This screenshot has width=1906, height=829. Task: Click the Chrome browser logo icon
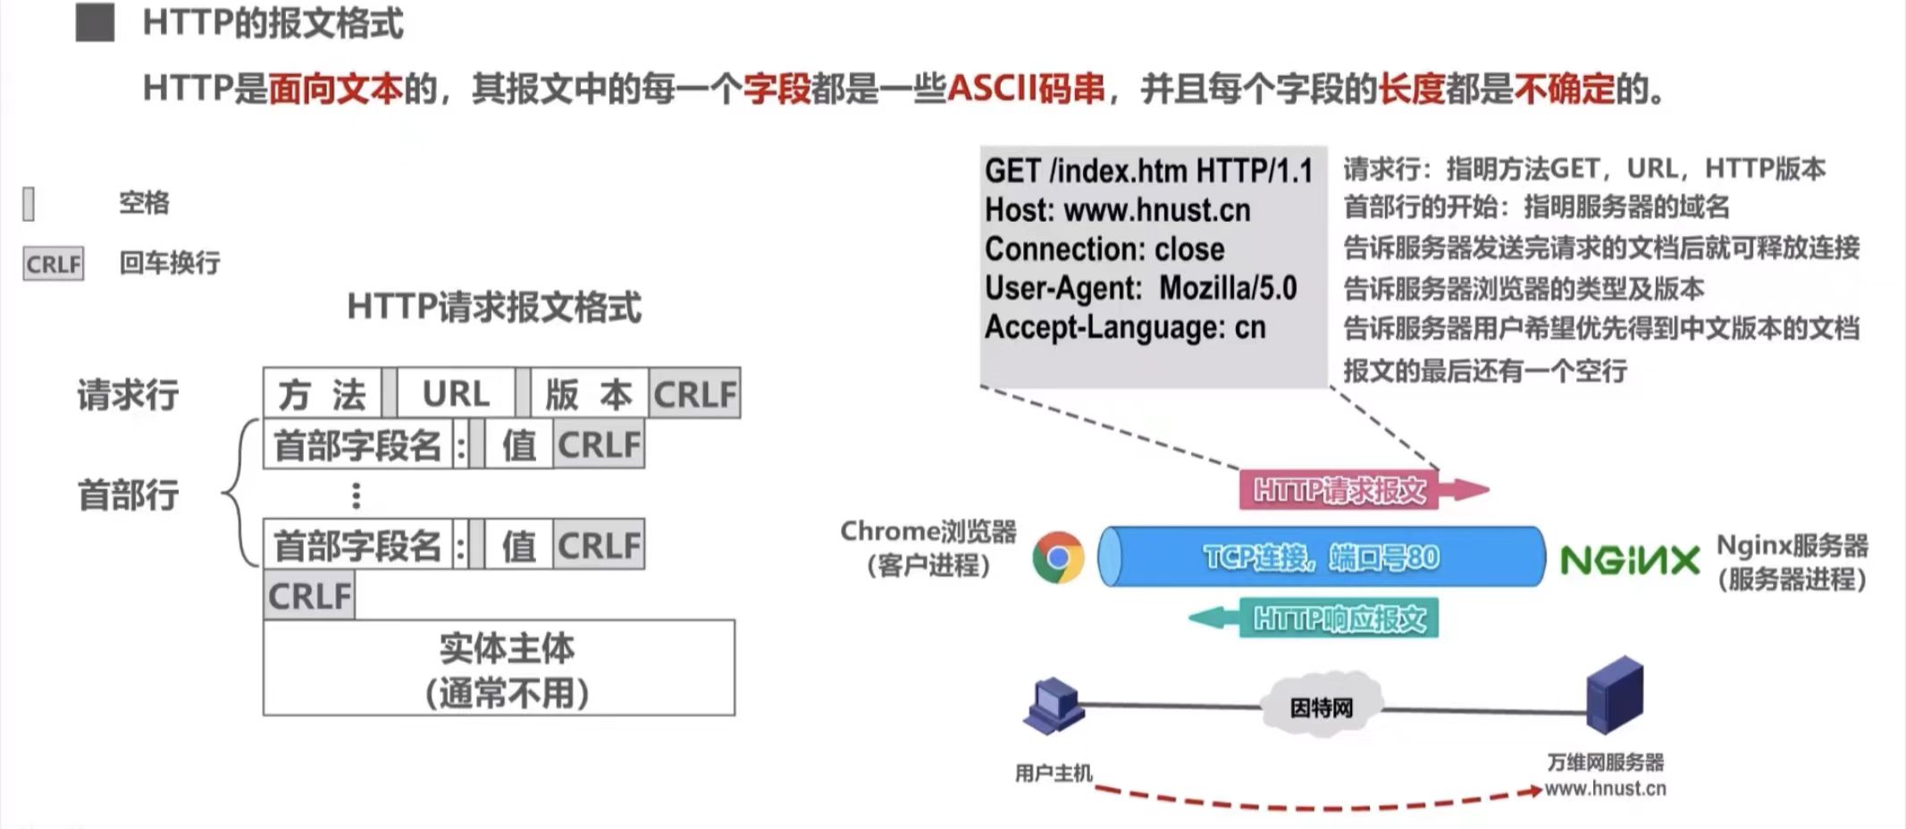point(1058,558)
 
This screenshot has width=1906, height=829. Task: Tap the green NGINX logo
point(1629,561)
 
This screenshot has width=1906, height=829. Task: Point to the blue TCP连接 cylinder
point(1321,557)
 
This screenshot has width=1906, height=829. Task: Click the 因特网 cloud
point(1321,707)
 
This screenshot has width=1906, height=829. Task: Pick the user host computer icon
point(1054,706)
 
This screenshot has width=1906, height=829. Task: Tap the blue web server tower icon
point(1614,695)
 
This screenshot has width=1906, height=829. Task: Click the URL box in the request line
point(456,393)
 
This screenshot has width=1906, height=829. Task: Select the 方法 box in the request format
point(322,393)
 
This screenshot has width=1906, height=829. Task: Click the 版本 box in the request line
point(589,393)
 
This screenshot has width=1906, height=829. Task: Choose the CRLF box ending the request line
point(695,393)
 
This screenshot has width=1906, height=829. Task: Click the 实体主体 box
point(499,668)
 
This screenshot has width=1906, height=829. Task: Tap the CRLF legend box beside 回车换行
point(54,264)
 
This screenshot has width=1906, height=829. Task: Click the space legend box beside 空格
point(29,204)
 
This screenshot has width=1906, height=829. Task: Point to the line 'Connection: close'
point(1104,250)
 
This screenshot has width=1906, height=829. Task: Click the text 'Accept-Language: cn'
point(1125,327)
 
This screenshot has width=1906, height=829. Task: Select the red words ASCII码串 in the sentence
point(1026,89)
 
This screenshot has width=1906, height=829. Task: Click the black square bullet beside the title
point(95,23)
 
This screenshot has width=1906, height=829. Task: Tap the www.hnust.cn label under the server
point(1605,789)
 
